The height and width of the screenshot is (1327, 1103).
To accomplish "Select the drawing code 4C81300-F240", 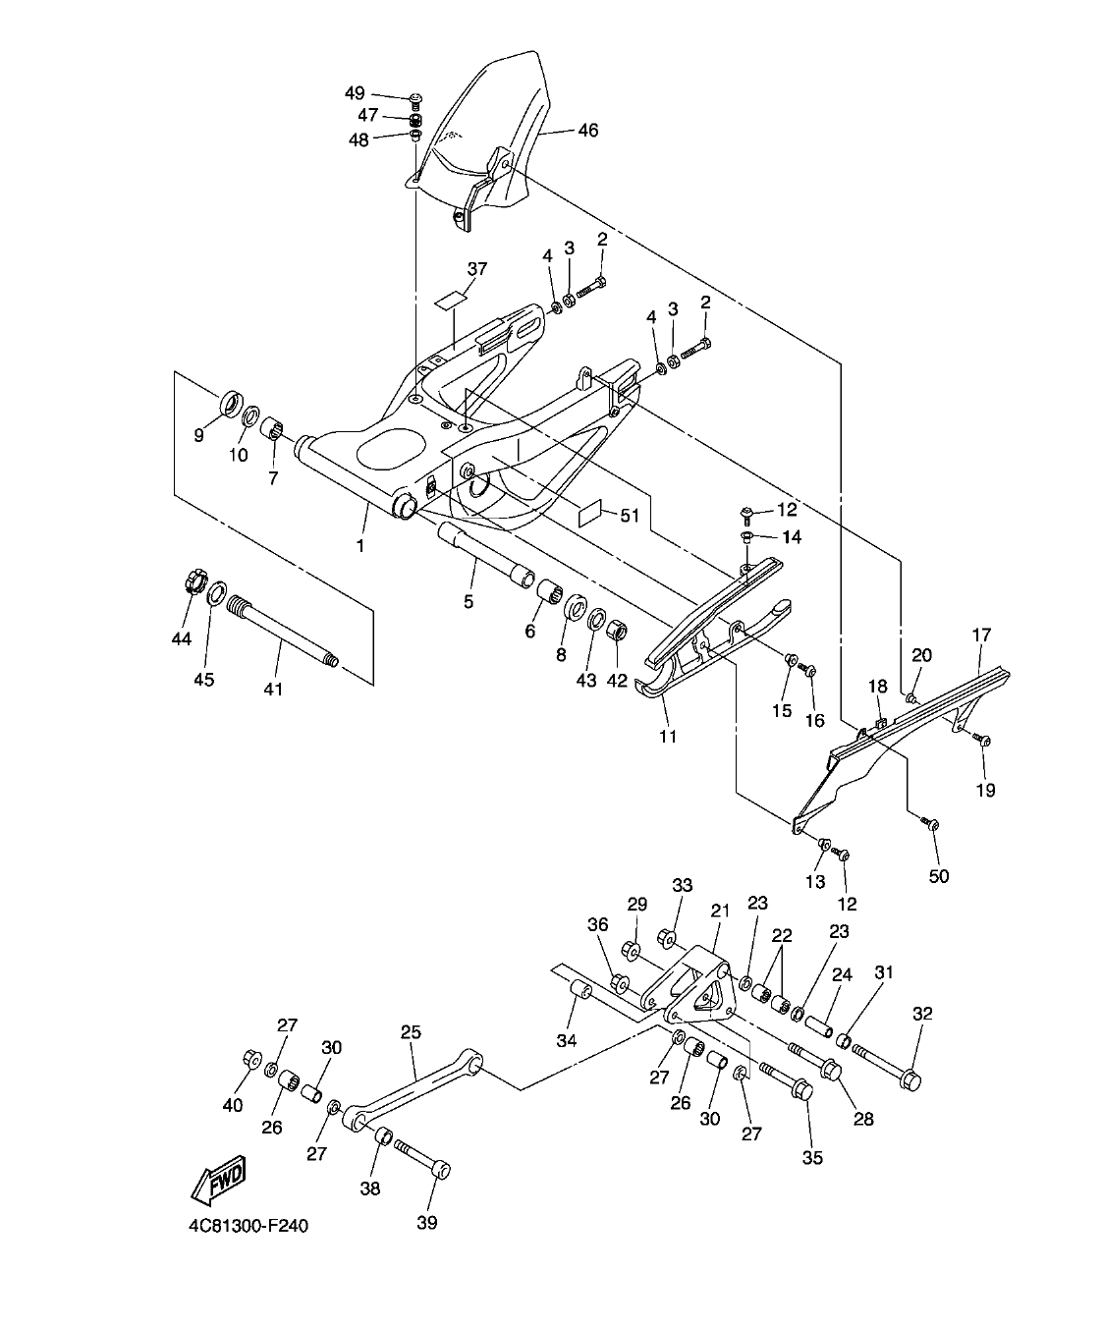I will pos(250,1226).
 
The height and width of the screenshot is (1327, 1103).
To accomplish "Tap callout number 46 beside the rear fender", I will pos(586,130).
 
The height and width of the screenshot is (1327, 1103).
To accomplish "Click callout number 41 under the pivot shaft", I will pos(273,690).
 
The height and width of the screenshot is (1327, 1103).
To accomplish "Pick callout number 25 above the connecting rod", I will pos(411,1032).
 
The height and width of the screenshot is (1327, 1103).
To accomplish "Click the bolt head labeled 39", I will pos(442,1170).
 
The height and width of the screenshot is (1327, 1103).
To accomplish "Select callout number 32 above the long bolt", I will pos(922,1013).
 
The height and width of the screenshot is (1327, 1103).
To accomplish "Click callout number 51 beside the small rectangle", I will pos(628,515).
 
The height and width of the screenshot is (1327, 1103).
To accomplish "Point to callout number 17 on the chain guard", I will pos(982,635).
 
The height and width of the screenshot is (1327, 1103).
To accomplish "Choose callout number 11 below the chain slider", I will pos(668,736).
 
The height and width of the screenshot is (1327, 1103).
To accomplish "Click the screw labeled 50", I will pos(932,824).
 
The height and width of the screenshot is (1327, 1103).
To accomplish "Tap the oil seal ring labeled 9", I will pos(231,403).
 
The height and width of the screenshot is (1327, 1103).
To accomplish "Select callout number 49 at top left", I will pos(355,93).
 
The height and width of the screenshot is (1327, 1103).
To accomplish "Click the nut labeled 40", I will pos(248,1059).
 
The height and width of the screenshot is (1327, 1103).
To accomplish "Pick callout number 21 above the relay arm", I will pos(720,912).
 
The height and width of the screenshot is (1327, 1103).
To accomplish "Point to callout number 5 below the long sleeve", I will pos(469,601).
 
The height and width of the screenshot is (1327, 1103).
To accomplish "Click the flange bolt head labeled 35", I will pos(800,1090).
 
